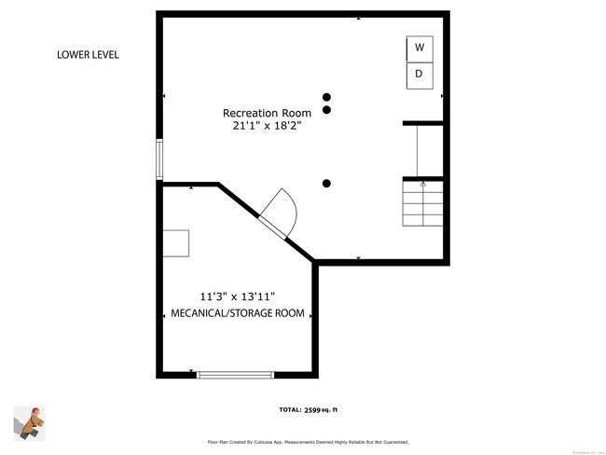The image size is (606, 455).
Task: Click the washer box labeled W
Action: (420, 48)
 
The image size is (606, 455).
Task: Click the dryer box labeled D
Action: (420, 75)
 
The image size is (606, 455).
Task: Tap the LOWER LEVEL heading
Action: (88, 55)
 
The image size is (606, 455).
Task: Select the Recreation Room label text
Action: (267, 113)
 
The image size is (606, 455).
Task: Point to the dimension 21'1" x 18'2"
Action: (267, 127)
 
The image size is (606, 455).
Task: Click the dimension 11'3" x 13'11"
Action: (237, 297)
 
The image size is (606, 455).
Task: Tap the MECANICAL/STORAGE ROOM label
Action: (238, 314)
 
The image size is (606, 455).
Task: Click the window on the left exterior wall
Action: (159, 159)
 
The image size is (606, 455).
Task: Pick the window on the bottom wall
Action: (235, 375)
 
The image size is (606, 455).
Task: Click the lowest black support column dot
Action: (326, 184)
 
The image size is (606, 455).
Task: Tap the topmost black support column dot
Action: (326, 97)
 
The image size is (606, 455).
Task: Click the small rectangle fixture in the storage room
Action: (176, 242)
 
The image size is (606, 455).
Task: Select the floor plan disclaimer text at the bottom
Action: (307, 442)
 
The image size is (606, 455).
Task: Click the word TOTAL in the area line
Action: (289, 410)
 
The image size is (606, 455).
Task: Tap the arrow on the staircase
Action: (422, 185)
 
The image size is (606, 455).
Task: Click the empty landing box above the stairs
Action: (422, 150)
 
